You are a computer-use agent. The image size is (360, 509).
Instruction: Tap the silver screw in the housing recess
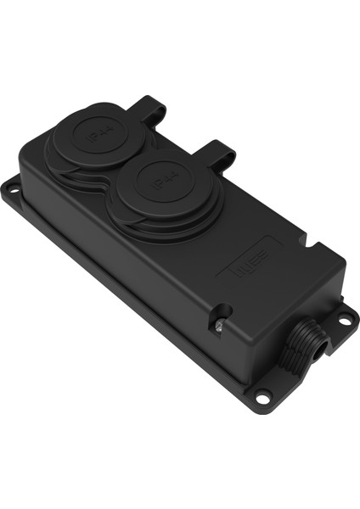[x=217, y=322]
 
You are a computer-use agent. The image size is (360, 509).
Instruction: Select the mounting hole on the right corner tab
[x=346, y=319]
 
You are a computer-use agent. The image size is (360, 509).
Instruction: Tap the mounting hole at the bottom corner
[x=264, y=394]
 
